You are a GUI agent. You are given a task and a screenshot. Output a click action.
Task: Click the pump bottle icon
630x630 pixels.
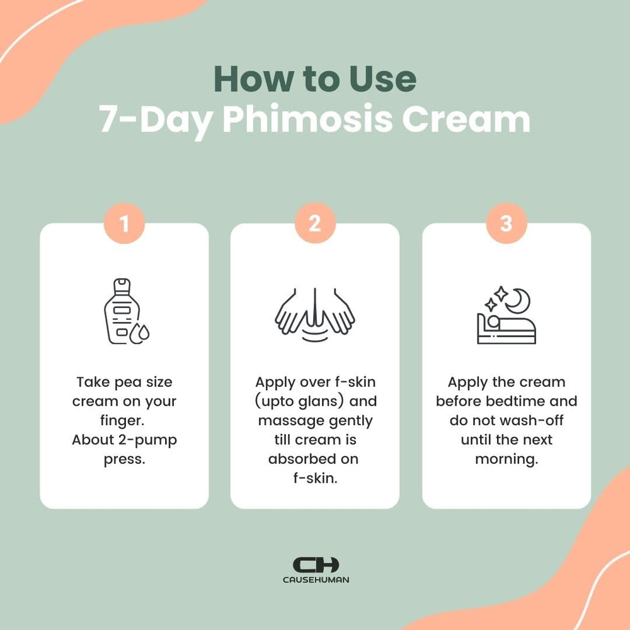tap(121, 310)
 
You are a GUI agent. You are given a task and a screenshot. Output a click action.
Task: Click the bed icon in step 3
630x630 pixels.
tap(506, 329)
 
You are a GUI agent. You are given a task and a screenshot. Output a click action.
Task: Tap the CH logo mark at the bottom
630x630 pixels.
tap(316, 564)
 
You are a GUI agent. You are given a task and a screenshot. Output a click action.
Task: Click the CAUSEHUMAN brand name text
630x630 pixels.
tap(316, 579)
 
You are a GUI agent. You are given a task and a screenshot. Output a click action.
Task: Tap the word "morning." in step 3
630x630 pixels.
tap(507, 459)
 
